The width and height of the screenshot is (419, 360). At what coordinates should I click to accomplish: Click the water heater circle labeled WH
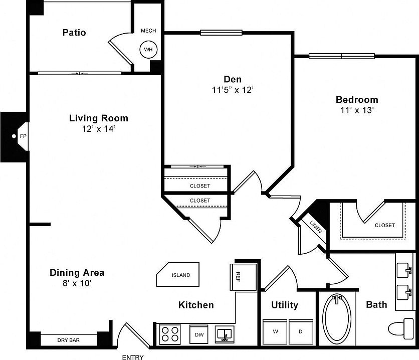click(x=148, y=50)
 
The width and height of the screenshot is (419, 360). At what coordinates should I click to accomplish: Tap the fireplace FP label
click(x=23, y=136)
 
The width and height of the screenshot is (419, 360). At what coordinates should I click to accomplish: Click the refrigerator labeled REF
click(x=239, y=276)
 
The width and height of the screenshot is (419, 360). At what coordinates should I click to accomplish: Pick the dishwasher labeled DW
click(x=199, y=334)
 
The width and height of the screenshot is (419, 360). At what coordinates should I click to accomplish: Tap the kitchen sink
click(x=224, y=333)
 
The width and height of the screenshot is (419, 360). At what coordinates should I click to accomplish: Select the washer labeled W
click(x=275, y=331)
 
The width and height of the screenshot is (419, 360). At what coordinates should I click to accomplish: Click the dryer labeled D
click(x=301, y=331)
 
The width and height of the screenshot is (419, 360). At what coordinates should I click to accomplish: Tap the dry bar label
click(x=68, y=340)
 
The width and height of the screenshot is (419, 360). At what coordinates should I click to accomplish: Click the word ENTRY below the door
click(x=133, y=357)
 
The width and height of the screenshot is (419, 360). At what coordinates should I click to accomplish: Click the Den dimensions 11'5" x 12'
click(x=233, y=90)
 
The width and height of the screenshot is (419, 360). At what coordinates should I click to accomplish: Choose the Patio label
click(x=74, y=33)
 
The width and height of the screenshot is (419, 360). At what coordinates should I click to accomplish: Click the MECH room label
click(x=148, y=31)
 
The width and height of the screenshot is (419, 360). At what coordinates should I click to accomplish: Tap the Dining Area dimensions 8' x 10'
click(x=77, y=283)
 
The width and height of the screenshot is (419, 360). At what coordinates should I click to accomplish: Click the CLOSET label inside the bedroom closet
click(x=385, y=225)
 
